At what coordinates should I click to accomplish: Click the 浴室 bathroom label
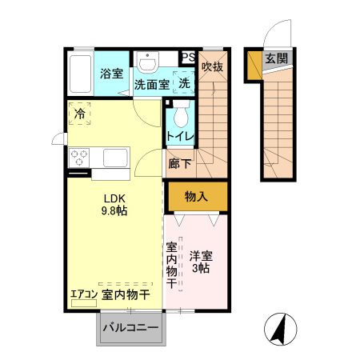coord(111,74)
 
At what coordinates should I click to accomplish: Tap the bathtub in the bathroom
coord(80,74)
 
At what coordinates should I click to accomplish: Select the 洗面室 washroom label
coord(151,83)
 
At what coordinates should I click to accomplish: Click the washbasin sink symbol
coord(147,61)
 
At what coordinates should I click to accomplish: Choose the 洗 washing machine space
coord(184,82)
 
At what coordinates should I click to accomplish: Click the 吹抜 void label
coord(211,67)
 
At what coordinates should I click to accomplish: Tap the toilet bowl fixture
coord(180,118)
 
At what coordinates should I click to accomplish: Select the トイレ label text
coord(180,137)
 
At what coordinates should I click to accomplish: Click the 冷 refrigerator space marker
coord(80,114)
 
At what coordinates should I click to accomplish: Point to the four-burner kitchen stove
coord(79,157)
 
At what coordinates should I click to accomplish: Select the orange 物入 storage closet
coord(197,196)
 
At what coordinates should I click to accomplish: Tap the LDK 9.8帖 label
coord(114,205)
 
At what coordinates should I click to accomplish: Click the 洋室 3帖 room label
coord(201,262)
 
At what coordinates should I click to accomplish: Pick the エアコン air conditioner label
coord(83,294)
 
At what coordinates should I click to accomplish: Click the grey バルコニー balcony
coord(130,328)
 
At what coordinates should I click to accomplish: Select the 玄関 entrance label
coord(277,58)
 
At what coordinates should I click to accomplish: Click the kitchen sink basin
coord(113,157)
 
